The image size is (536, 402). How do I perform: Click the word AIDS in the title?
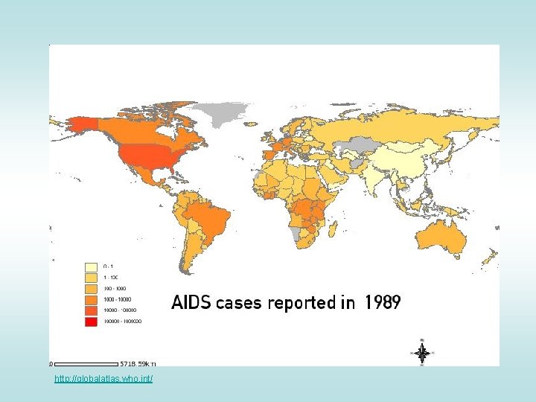(191, 303)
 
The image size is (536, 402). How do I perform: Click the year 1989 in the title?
(383, 303)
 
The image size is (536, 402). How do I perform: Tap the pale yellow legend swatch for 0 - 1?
(92, 266)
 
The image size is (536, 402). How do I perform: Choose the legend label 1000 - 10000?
(115, 299)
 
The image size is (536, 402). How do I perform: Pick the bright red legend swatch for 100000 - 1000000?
(92, 321)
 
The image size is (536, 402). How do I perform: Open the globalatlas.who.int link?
(103, 380)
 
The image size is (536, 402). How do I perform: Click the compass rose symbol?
(421, 353)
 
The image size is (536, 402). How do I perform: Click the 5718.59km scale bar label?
(138, 364)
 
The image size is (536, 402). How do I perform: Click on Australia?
(443, 238)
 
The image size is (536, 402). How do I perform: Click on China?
(406, 160)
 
